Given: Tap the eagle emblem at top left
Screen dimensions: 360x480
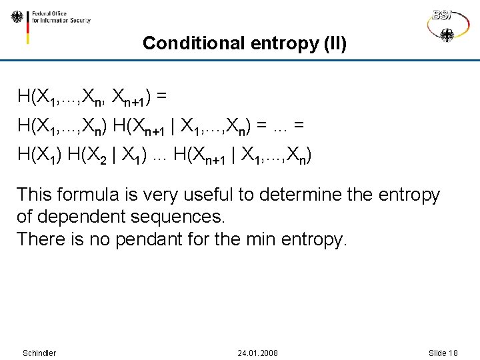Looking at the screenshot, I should tap(17, 17).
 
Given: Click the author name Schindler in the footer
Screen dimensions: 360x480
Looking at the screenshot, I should tap(39, 353).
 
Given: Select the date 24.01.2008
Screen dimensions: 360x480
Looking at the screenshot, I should tap(258, 353).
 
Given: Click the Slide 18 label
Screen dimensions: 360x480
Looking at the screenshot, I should tap(443, 353).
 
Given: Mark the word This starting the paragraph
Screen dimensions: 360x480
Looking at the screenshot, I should tap(33, 195).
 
